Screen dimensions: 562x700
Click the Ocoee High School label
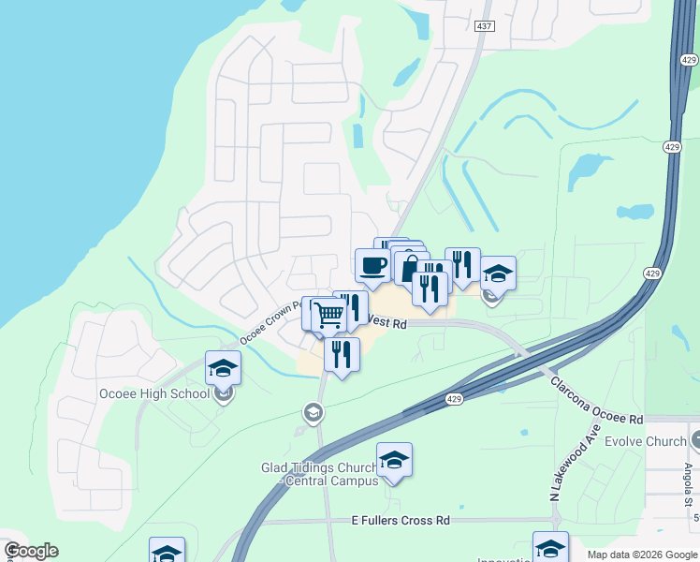tap(154, 393)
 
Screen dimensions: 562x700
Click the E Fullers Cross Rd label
tap(401, 520)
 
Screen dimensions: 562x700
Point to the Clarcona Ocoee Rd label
tap(596, 400)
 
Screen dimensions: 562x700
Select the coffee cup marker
tap(372, 265)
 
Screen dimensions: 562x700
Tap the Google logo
tap(30, 551)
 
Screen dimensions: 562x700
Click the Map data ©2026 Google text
tap(641, 555)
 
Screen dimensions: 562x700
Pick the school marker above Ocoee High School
tap(223, 368)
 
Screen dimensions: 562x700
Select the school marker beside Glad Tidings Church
tap(394, 460)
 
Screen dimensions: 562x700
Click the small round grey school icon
tap(313, 412)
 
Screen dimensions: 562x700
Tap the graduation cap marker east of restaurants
tap(498, 274)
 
